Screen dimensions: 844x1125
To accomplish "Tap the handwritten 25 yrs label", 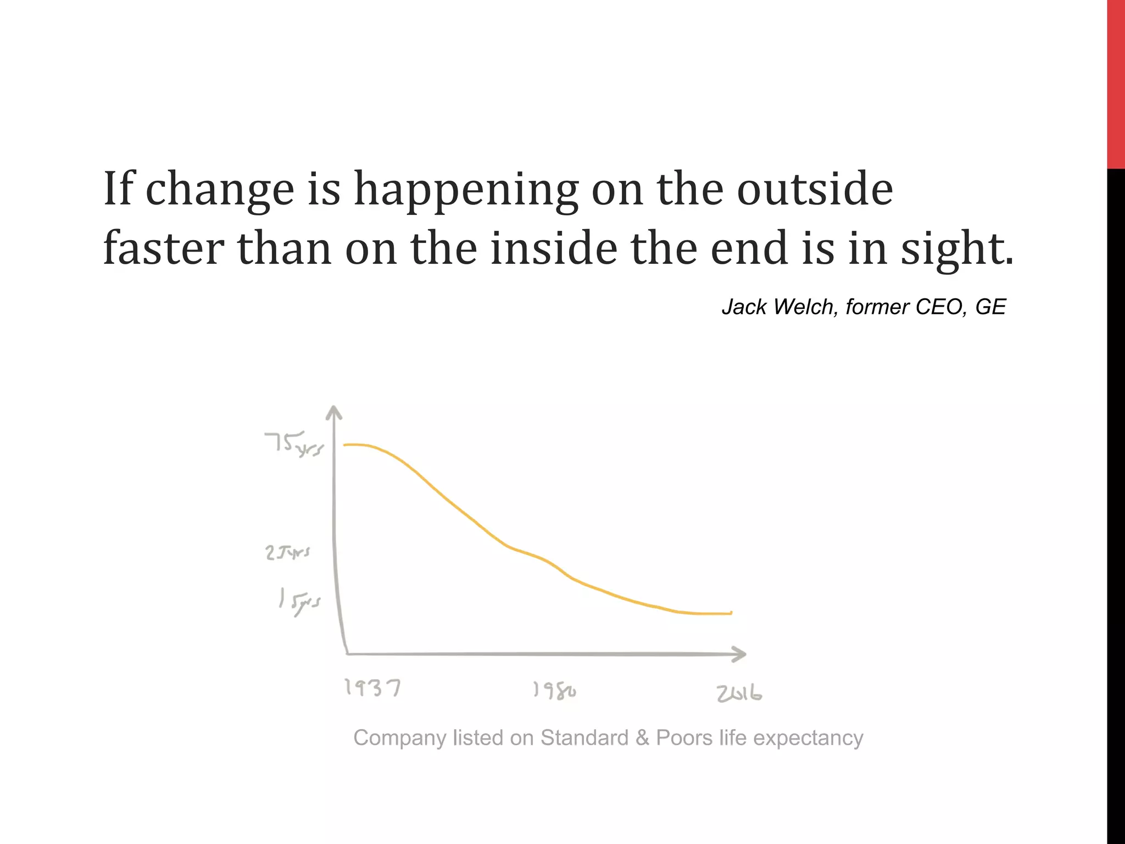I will point(287,552).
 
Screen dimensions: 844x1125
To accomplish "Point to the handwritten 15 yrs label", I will point(299,602).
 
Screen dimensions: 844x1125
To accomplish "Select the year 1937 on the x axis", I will point(372,688).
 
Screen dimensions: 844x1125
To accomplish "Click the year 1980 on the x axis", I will point(554,691).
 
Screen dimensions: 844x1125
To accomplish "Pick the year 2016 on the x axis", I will point(739,694).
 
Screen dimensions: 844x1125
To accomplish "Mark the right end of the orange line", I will point(731,613).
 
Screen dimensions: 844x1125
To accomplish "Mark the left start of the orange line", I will point(346,445).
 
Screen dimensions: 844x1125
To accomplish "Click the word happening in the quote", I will point(466,190).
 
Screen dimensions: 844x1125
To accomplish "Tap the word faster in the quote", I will point(163,248).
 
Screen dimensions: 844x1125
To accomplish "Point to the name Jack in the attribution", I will point(744,307).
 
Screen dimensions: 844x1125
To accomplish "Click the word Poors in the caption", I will point(684,738).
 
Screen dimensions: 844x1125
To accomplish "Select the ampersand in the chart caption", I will point(642,738).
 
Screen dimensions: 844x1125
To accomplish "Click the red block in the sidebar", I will point(1116,82).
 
